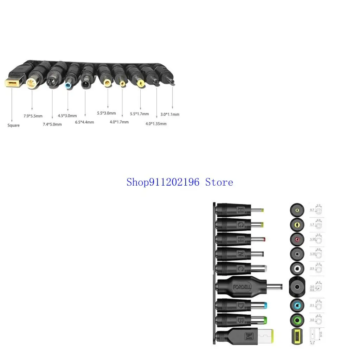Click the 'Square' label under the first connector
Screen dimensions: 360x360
pos(14,125)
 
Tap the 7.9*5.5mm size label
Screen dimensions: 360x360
pos(33,116)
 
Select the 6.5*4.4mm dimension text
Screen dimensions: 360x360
pos(84,122)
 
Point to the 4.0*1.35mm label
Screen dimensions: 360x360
pos(156,123)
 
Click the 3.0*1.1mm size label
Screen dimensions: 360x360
pos(170,114)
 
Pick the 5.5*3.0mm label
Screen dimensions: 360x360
pos(107,113)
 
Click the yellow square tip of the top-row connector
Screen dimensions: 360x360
pos(12,83)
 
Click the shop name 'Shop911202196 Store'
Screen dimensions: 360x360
pos(180,182)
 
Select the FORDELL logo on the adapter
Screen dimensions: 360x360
pos(242,287)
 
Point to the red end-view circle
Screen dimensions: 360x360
pos(297,239)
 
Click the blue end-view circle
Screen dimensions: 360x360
pos(297,306)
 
